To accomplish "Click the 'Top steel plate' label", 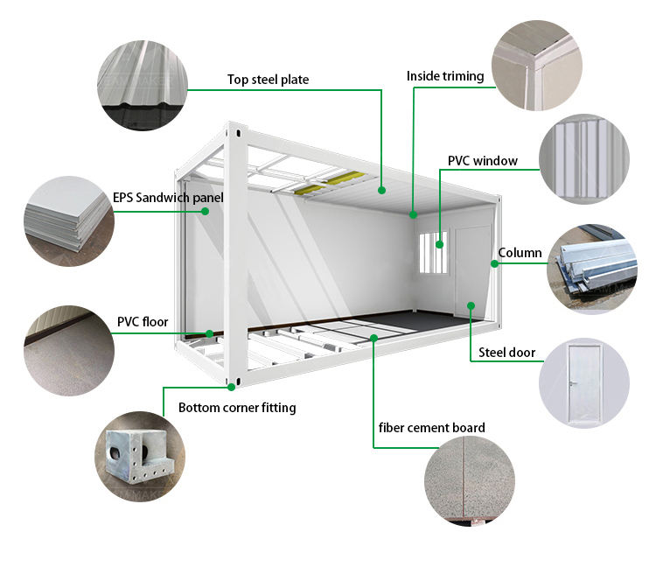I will (x=268, y=80).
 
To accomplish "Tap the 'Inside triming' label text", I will (x=444, y=76).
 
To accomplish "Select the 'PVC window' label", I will (x=482, y=161).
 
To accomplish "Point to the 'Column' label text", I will (x=520, y=253).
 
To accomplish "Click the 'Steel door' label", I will (x=506, y=353).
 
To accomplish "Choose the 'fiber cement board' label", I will (x=431, y=428).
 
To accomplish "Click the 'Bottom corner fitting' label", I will (x=237, y=408).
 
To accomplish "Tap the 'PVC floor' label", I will (x=142, y=321).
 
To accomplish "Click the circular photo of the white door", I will (x=583, y=382).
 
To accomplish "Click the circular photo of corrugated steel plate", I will (x=142, y=86).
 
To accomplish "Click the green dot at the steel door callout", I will (x=471, y=305).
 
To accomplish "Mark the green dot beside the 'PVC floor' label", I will (x=210, y=332).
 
